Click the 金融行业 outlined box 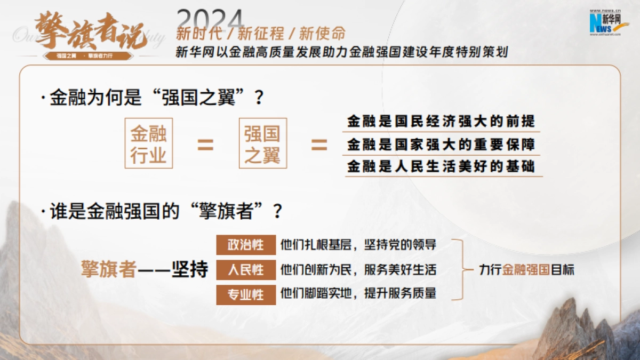coord(149,143)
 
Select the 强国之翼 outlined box coord(263,143)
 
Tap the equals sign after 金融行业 coord(205,145)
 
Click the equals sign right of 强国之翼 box coord(319,145)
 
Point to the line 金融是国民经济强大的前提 coord(441,122)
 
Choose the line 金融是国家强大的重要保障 coord(441,145)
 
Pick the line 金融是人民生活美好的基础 coord(441,166)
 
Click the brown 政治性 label coord(246,245)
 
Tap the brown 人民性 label coord(246,270)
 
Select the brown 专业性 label coord(246,294)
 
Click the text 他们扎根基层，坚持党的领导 coord(358,245)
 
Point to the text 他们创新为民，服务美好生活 coord(358,270)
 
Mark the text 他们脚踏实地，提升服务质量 coord(358,293)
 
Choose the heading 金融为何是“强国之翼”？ coord(157,98)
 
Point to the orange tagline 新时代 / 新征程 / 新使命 coord(261,35)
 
